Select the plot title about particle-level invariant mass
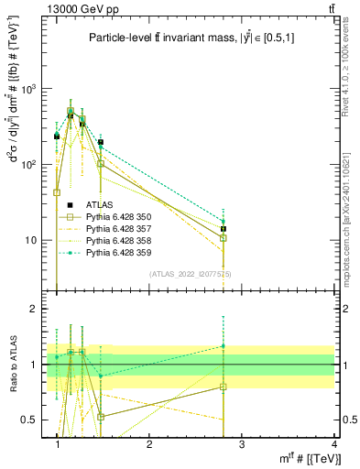coord(180,38)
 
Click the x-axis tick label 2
coord(148,444)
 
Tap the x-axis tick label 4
coord(334,444)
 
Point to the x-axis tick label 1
coord(58,444)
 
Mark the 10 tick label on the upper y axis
coord(33,241)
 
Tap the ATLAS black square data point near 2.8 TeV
coord(223,229)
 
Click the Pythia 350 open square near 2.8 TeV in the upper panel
coord(223,238)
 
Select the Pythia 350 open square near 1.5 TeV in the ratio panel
coord(101,417)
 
